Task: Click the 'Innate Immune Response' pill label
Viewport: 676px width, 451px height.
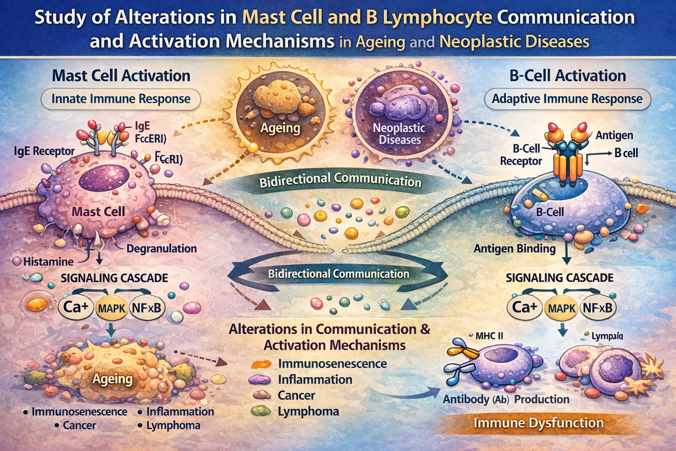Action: (x=121, y=99)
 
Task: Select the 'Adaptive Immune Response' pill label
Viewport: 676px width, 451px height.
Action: (x=567, y=99)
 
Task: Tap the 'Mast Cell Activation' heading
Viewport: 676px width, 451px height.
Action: (x=121, y=75)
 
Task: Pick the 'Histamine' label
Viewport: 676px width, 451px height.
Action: (x=48, y=262)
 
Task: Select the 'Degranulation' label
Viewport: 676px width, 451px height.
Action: (x=162, y=248)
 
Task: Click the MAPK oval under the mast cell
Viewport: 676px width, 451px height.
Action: (x=112, y=308)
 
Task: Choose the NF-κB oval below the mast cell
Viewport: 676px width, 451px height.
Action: (x=146, y=308)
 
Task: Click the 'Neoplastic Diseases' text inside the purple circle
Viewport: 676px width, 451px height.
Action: (x=399, y=134)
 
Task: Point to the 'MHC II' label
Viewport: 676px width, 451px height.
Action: (x=489, y=336)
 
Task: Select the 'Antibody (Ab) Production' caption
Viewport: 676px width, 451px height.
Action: (x=506, y=399)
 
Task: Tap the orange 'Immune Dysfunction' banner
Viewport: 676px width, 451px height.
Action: (x=538, y=423)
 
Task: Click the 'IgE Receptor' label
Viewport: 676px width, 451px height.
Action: (x=44, y=151)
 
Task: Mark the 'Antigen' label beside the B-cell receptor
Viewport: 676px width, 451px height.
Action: (x=614, y=135)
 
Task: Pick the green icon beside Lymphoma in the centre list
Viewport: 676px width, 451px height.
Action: (x=261, y=411)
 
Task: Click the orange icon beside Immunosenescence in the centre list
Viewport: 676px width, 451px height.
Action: (x=261, y=364)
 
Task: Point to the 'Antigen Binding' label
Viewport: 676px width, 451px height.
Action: (x=514, y=248)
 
